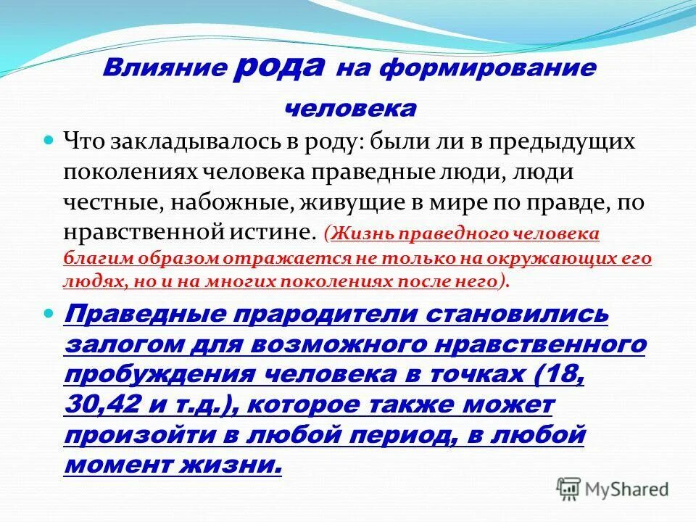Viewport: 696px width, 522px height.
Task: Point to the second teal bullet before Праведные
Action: point(50,314)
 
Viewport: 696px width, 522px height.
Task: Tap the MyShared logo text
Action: point(629,489)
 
